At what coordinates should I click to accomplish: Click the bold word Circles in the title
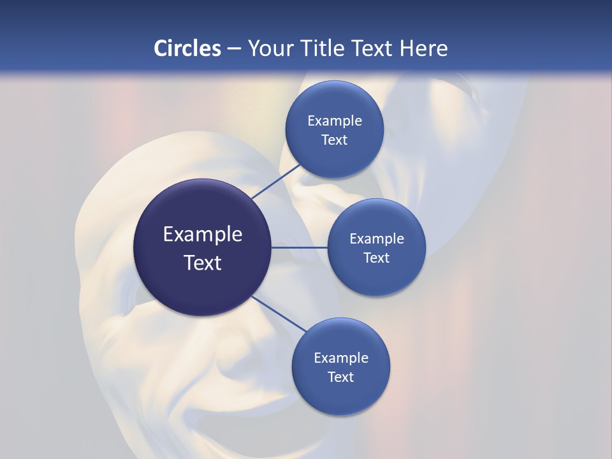tap(187, 48)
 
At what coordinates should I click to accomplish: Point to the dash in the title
tap(234, 49)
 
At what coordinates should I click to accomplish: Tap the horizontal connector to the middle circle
tap(300, 247)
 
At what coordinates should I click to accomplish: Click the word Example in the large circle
tap(203, 235)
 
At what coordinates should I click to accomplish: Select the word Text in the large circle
tap(203, 263)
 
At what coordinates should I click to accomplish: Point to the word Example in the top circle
tap(335, 121)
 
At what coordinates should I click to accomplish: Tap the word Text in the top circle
tap(335, 140)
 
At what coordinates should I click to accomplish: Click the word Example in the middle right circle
tap(377, 239)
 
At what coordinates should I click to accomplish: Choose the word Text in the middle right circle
tap(377, 258)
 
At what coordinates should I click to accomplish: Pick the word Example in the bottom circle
tap(341, 358)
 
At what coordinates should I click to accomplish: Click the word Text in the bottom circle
tap(341, 377)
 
